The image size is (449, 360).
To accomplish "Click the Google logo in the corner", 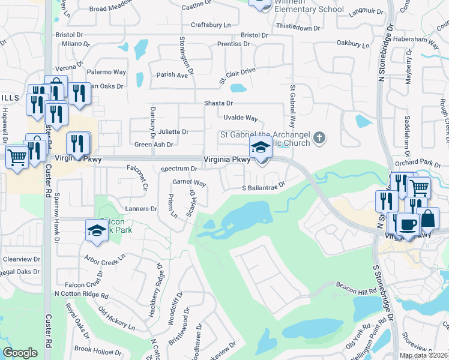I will [x=20, y=353].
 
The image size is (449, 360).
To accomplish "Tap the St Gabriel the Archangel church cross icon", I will [x=320, y=138].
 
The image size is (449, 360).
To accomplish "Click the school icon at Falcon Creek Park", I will [x=97, y=230].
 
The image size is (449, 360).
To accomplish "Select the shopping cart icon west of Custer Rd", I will [x=17, y=158].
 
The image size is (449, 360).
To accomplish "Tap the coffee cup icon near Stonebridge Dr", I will [x=408, y=224].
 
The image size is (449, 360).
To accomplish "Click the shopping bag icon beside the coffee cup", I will [x=428, y=218].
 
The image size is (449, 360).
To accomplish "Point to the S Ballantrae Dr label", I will [x=262, y=188].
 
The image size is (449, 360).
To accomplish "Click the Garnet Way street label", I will [x=190, y=182].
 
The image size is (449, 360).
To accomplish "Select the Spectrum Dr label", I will [x=179, y=169].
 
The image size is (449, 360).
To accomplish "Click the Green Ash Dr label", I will [x=154, y=145].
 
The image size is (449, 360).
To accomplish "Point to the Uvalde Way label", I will [x=240, y=118].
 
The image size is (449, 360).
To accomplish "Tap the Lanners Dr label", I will [x=141, y=209].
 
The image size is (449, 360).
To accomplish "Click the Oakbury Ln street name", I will [x=353, y=44].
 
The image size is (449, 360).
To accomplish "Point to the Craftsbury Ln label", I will [x=211, y=25].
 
